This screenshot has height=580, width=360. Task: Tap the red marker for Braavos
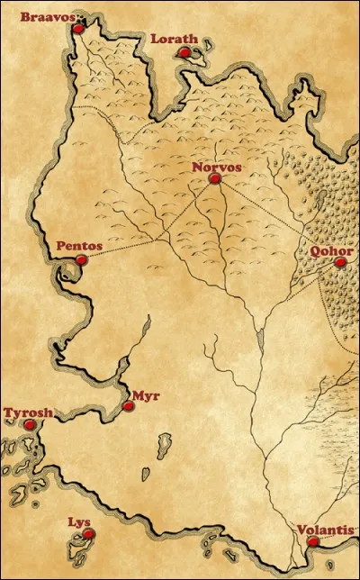(77, 29)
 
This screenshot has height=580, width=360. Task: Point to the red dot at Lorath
(184, 53)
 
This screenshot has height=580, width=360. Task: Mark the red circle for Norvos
(214, 179)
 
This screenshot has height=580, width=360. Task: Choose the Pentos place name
(78, 246)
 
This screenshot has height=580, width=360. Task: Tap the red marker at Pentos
(81, 260)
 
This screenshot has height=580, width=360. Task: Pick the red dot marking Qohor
(339, 263)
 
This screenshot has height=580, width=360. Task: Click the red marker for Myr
(128, 406)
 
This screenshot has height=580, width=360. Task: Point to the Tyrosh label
(28, 412)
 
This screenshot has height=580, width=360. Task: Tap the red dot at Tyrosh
(30, 424)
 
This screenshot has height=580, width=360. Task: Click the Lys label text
(79, 521)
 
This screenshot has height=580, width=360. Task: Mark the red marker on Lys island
(88, 535)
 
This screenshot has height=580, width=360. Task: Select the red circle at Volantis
(311, 542)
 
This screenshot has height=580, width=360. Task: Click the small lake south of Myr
(144, 474)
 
